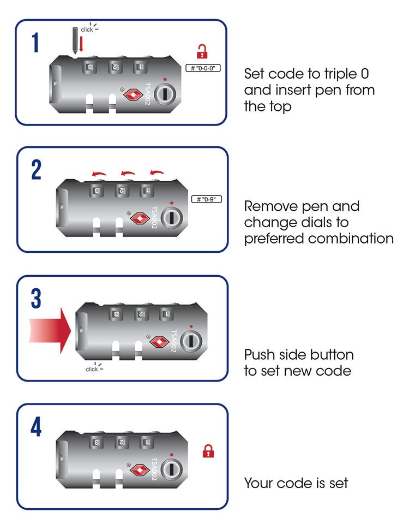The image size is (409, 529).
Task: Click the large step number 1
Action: point(35,43)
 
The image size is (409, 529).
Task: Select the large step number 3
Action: point(36,298)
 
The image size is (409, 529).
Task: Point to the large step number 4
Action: point(36,427)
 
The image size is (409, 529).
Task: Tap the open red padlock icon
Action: point(203,52)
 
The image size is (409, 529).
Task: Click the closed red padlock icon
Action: point(208,451)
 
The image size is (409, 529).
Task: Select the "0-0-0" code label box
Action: point(203,68)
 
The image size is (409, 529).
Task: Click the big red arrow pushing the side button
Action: point(49,329)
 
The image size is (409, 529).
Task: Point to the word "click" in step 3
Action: point(92,369)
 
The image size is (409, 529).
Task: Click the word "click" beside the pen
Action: point(87,29)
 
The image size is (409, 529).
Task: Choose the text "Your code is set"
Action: point(296,483)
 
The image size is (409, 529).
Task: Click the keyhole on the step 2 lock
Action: point(171,216)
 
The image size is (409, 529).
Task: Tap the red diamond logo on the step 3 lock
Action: point(158,342)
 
